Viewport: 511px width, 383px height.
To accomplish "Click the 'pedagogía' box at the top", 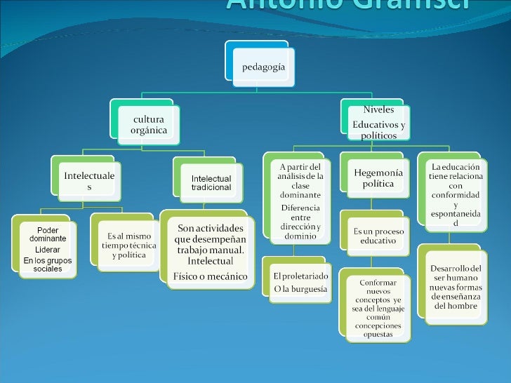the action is click(263, 67).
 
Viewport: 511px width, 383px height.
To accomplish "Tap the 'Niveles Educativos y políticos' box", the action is click(378, 123).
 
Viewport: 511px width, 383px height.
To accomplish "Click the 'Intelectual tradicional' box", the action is click(211, 183).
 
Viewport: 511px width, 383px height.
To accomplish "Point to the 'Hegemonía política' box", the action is click(378, 178).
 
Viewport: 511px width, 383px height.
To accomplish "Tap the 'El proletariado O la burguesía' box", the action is click(300, 283).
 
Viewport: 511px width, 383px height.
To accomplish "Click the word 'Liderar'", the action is click(48, 250).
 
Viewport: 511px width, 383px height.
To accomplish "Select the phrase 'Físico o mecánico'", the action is click(211, 276).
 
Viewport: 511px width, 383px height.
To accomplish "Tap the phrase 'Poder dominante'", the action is click(48, 234).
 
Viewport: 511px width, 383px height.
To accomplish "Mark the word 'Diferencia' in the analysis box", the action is click(300, 208).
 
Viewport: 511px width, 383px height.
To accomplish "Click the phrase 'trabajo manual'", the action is click(211, 250).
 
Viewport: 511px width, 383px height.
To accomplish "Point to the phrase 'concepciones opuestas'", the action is click(378, 330).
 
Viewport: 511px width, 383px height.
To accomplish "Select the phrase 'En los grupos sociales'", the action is click(48, 265).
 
